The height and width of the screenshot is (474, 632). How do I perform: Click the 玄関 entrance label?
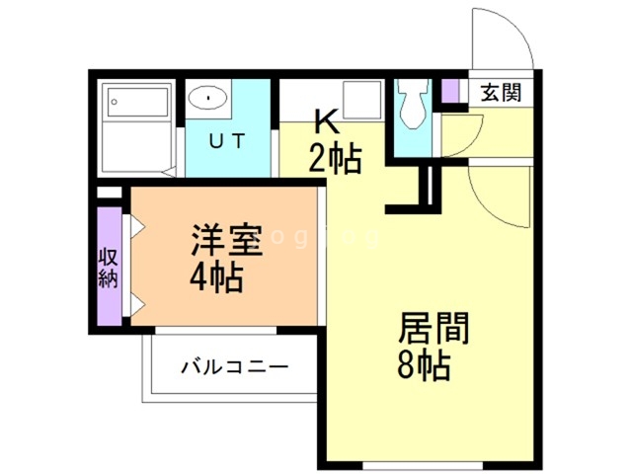click(501, 94)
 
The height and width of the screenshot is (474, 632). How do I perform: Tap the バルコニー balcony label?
click(234, 368)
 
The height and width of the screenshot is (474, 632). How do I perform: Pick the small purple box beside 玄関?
click(450, 91)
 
